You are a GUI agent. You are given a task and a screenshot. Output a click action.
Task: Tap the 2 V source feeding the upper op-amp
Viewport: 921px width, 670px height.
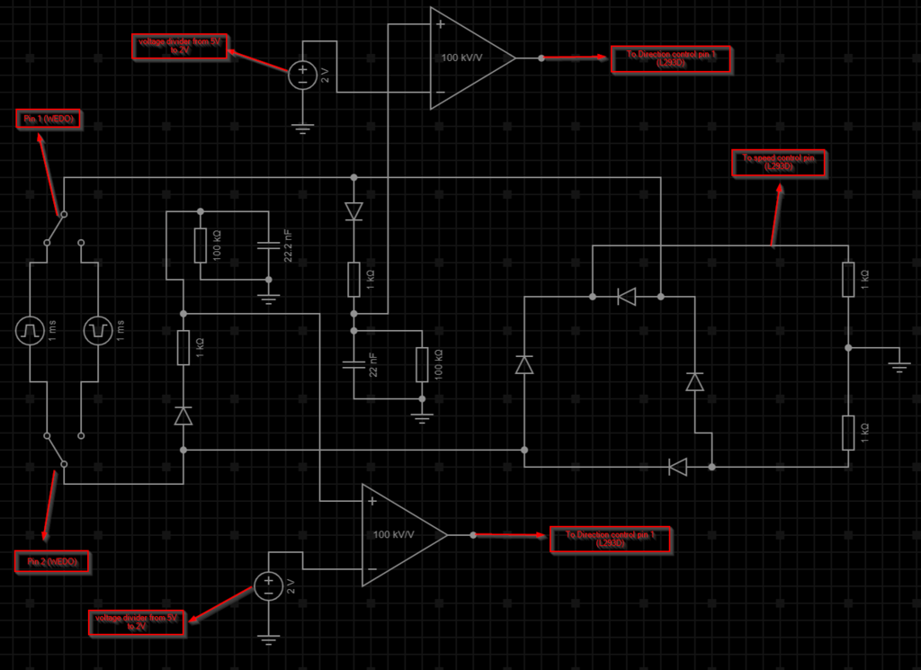coord(302,74)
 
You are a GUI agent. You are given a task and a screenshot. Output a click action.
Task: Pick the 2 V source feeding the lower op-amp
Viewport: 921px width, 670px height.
coord(268,587)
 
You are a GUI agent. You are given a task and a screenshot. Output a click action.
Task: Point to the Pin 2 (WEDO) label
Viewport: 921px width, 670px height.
coord(52,562)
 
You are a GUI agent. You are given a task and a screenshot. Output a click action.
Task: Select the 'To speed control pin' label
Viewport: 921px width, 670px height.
coord(779,163)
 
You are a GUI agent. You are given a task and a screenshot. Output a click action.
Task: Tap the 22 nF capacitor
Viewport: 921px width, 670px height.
coord(353,366)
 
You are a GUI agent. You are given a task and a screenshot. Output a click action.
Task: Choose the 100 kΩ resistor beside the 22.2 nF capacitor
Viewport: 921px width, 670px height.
coord(201,245)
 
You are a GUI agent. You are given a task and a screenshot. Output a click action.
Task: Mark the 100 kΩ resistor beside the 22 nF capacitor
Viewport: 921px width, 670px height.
coord(420,366)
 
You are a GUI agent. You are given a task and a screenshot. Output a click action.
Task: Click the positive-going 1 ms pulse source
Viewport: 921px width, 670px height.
coord(30,331)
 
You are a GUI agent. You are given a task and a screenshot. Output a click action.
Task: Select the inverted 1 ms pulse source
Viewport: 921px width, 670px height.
coord(97,331)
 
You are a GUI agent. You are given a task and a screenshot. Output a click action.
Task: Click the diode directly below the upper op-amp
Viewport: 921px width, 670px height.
coord(353,211)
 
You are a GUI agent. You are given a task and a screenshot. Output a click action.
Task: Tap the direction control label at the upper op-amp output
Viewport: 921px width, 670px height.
coord(671,59)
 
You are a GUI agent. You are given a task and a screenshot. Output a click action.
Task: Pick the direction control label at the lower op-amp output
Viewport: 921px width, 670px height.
coord(608,539)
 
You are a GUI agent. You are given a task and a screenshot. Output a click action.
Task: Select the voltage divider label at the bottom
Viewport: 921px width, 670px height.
coord(136,622)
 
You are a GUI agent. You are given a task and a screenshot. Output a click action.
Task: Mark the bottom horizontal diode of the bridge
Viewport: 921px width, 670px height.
coord(678,467)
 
